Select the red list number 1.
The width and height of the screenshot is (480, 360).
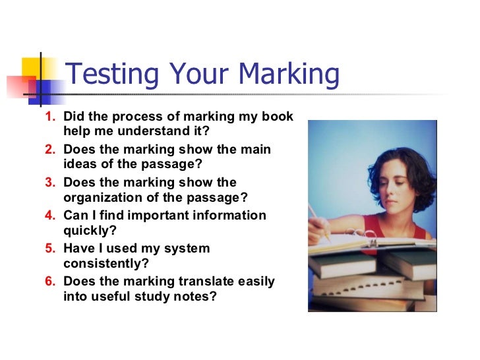pyautogui.click(x=49, y=117)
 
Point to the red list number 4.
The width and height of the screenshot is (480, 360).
pyautogui.click(x=49, y=216)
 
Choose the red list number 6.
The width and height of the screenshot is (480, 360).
pyautogui.click(x=49, y=282)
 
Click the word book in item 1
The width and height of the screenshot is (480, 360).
pyautogui.click(x=278, y=117)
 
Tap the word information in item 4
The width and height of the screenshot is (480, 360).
pyautogui.click(x=225, y=216)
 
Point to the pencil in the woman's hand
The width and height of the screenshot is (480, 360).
pyautogui.click(x=317, y=218)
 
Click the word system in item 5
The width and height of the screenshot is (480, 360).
pyautogui.click(x=184, y=249)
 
